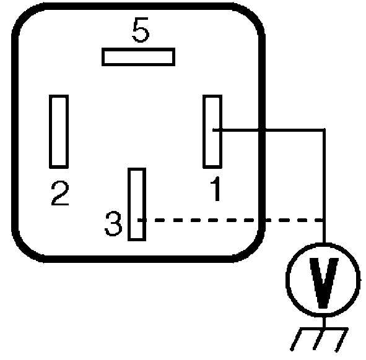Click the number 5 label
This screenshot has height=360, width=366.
pyautogui.click(x=141, y=30)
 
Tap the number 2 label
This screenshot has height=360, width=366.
pyautogui.click(x=60, y=193)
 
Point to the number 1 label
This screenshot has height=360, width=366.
pyautogui.click(x=216, y=189)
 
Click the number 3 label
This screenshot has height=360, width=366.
pyautogui.click(x=113, y=223)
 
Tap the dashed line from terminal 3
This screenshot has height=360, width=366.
pyautogui.click(x=230, y=220)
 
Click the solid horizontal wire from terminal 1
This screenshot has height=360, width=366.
pyautogui.click(x=268, y=130)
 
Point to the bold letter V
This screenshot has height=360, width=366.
pyautogui.click(x=324, y=283)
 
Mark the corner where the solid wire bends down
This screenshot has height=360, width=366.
pyautogui.click(x=324, y=130)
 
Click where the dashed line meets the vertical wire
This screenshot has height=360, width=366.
pyautogui.click(x=324, y=220)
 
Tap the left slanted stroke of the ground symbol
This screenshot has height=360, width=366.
pyautogui.click(x=296, y=339)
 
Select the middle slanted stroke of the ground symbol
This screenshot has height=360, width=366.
pyautogui.click(x=318, y=339)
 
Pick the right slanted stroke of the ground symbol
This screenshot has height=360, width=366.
pyautogui.click(x=341, y=340)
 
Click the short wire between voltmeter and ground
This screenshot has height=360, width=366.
pyautogui.click(x=324, y=322)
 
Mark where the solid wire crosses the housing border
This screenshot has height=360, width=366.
pyautogui.click(x=262, y=130)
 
